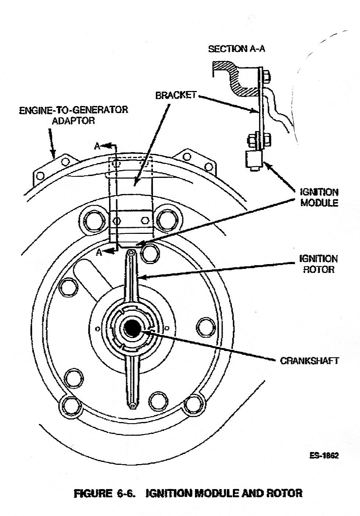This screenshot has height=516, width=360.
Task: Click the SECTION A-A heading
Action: pyautogui.click(x=236, y=49)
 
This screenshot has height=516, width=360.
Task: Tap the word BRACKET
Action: pyautogui.click(x=176, y=95)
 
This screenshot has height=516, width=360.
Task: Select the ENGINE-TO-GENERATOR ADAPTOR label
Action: pyautogui.click(x=73, y=115)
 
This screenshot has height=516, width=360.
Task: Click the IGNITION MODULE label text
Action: pyautogui.click(x=319, y=197)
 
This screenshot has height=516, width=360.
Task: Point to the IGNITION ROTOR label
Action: pyautogui.click(x=318, y=264)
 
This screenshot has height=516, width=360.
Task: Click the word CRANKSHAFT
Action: pyautogui.click(x=309, y=361)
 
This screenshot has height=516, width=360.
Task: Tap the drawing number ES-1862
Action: pyautogui.click(x=324, y=456)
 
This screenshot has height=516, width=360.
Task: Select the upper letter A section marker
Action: pyautogui.click(x=97, y=146)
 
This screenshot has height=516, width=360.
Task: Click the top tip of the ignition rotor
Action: pyautogui.click(x=132, y=253)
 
